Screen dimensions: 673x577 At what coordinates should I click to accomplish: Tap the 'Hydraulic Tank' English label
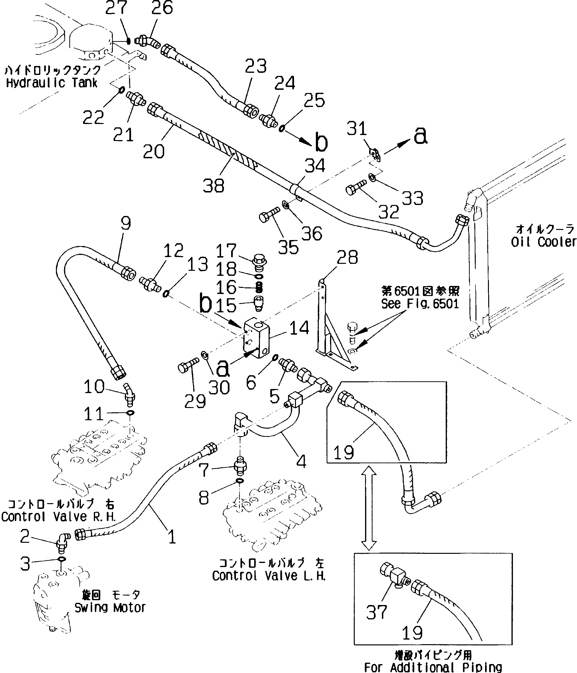pos(52,83)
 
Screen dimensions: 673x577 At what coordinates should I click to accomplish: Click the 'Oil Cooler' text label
pos(544,242)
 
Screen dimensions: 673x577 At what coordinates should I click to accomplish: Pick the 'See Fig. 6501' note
pos(420,304)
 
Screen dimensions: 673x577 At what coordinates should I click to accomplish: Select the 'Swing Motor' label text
pos(110,607)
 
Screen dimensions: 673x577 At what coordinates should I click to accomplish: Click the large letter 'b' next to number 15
pos(205,304)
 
